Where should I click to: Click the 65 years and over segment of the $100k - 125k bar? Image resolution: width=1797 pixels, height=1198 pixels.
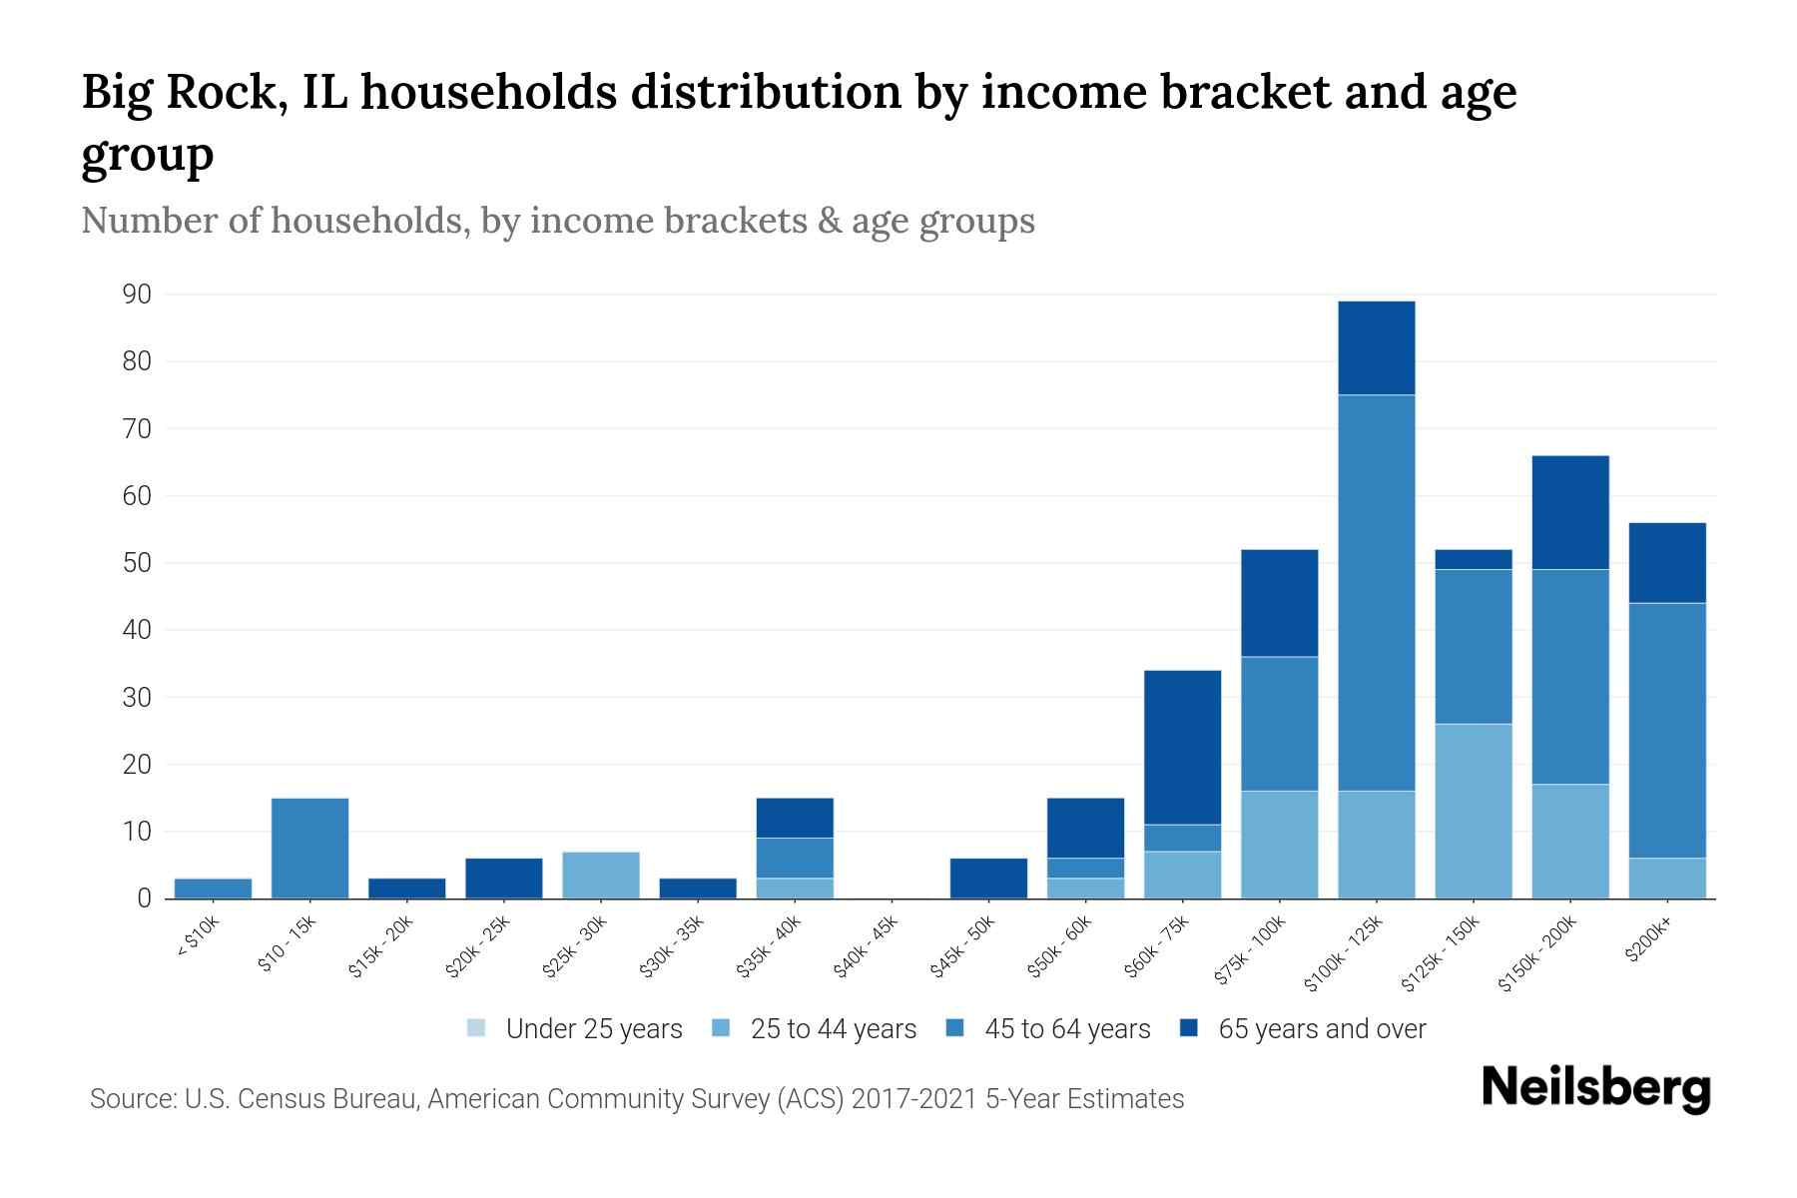coord(1376,347)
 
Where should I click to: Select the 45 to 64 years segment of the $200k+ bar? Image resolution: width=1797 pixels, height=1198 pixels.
coord(1666,730)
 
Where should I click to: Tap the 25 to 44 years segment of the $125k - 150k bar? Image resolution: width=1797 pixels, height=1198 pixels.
coord(1473,811)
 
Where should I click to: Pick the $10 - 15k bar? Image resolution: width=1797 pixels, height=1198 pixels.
coord(309,848)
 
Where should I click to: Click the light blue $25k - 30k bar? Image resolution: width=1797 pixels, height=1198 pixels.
coord(600,875)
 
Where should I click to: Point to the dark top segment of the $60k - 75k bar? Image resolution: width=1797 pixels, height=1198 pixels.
coord(1182,747)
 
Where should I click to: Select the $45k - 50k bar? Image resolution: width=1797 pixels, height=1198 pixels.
coord(988,878)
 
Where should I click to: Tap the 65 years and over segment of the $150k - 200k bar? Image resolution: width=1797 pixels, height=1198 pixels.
coord(1569,512)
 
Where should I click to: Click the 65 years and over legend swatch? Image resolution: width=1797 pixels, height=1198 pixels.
coord(1189,1027)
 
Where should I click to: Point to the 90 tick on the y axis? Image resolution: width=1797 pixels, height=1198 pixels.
coord(137,295)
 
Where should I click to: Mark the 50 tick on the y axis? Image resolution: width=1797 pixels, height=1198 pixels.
coord(137,563)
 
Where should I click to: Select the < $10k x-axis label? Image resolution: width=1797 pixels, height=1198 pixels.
coord(198,937)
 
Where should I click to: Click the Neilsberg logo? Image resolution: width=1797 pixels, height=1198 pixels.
coord(1595,1088)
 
